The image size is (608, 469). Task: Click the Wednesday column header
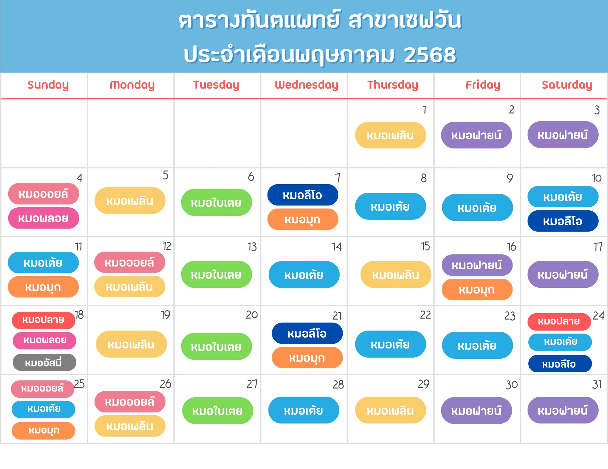(306, 85)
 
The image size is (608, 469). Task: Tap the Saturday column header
(567, 85)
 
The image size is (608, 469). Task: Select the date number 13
(252, 247)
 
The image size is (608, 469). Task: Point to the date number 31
(597, 384)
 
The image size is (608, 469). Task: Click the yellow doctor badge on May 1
(390, 135)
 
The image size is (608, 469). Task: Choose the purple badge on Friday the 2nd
(476, 135)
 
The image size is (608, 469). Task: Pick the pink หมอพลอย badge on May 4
(43, 218)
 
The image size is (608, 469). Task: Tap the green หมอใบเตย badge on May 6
(216, 202)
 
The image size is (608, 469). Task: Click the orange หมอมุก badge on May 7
(303, 219)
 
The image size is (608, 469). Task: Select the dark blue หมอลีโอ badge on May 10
(563, 221)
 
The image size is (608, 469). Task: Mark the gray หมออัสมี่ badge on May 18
(44, 362)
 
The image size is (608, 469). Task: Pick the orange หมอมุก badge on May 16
(477, 290)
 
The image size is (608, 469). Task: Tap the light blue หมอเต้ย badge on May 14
(304, 274)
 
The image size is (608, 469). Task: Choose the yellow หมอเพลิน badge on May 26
(130, 426)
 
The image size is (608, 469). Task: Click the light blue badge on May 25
(43, 409)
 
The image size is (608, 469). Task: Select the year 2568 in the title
(430, 55)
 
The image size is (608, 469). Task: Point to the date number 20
(252, 315)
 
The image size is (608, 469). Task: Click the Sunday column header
(48, 85)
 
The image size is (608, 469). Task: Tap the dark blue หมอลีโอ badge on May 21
(307, 333)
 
